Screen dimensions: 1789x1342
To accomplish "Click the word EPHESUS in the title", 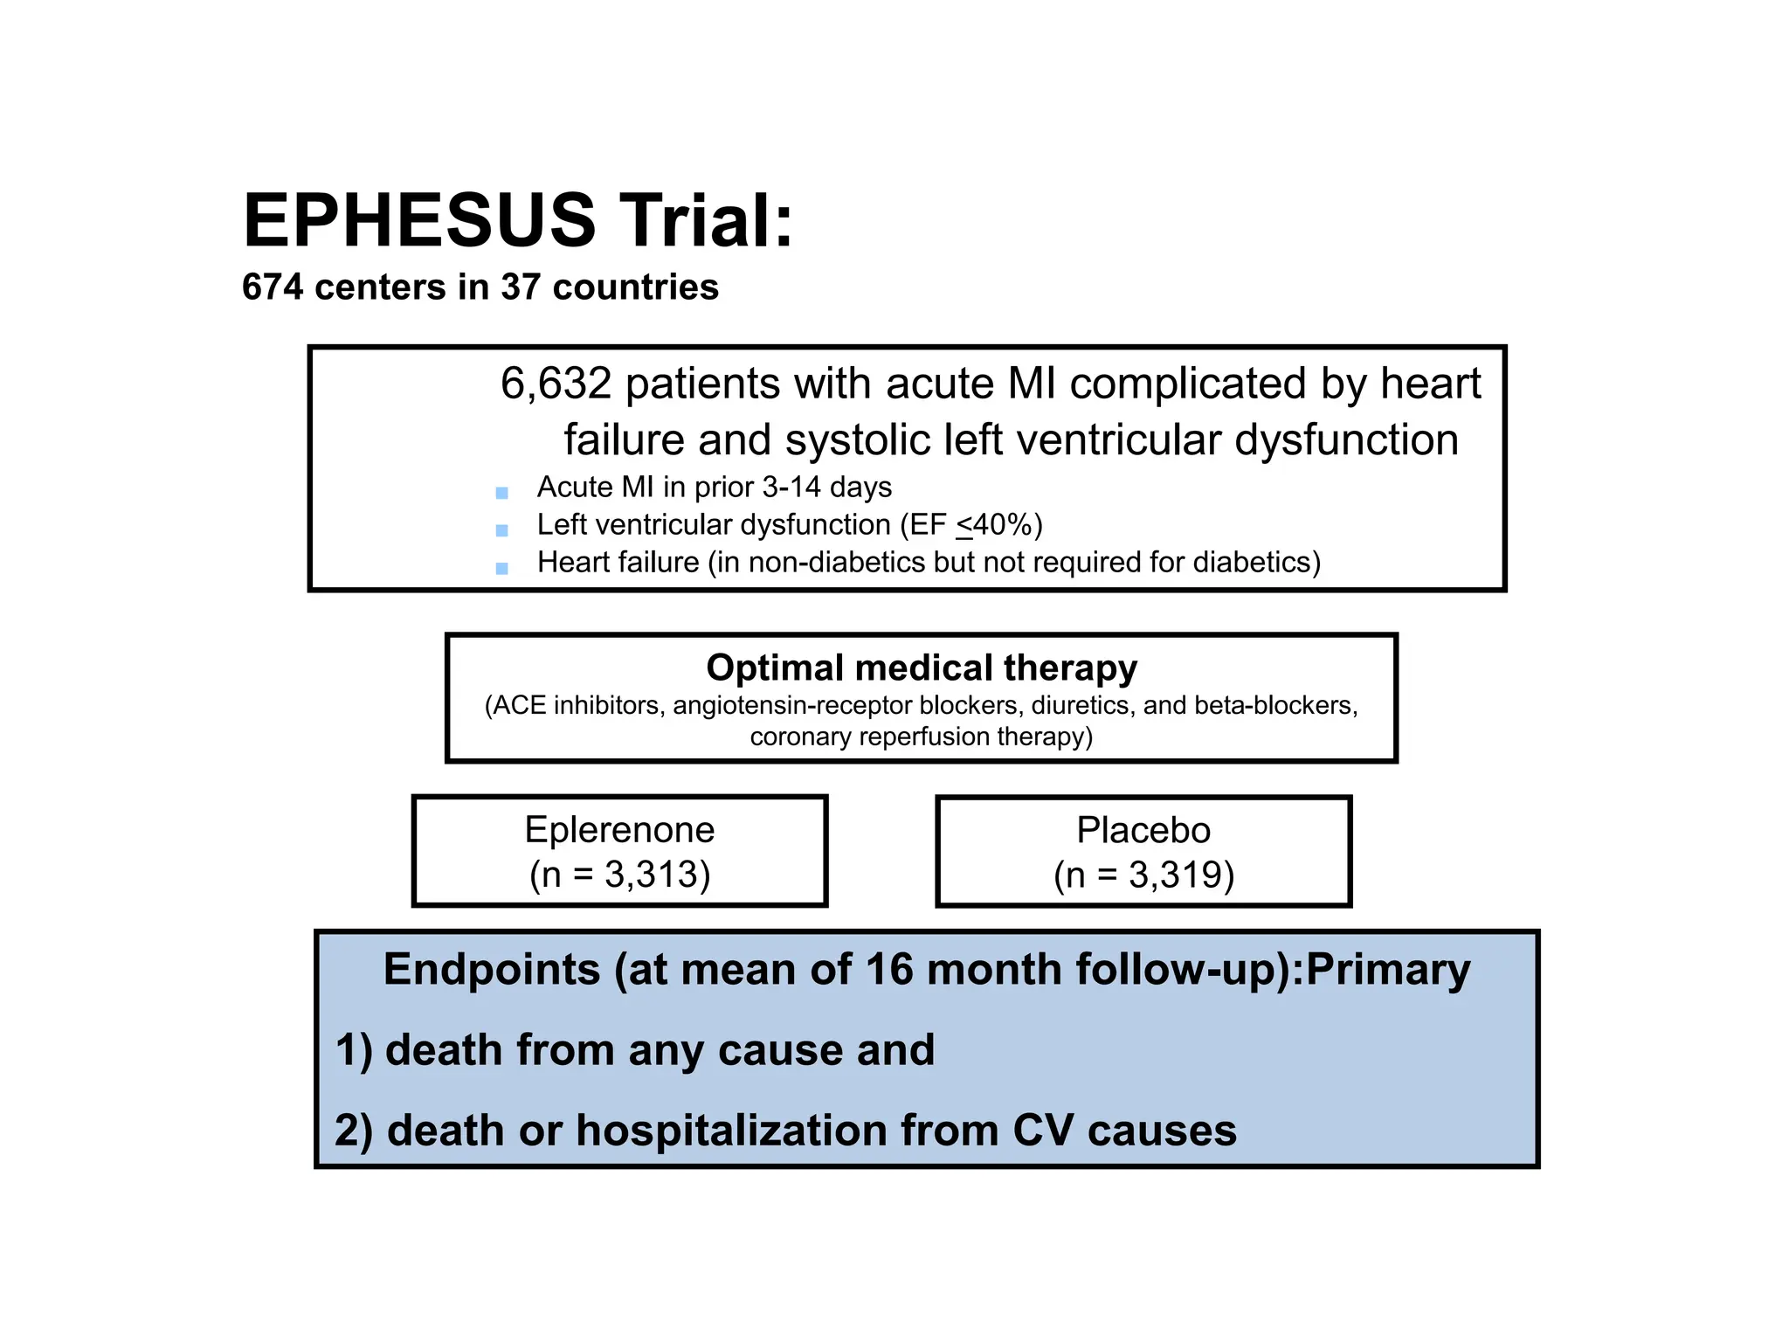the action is [x=420, y=220].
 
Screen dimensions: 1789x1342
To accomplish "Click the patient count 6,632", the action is [x=556, y=384].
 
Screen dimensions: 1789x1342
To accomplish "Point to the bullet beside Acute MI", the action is [x=501, y=493].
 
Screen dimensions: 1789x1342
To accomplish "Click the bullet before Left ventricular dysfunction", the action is [x=501, y=530].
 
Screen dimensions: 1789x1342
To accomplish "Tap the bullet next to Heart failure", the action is [x=501, y=568].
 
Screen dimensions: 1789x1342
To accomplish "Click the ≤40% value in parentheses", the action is [x=995, y=525].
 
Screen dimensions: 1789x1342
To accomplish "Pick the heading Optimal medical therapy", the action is [x=922, y=668].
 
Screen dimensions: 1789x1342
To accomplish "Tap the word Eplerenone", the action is [x=619, y=829].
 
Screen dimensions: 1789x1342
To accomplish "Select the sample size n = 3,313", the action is [x=620, y=875].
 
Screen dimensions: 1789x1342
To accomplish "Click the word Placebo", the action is [x=1143, y=829].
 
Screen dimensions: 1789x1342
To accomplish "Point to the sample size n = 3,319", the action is [x=1144, y=875].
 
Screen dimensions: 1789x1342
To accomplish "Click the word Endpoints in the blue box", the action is [x=492, y=970].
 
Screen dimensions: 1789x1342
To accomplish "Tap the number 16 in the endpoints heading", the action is [x=889, y=969].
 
